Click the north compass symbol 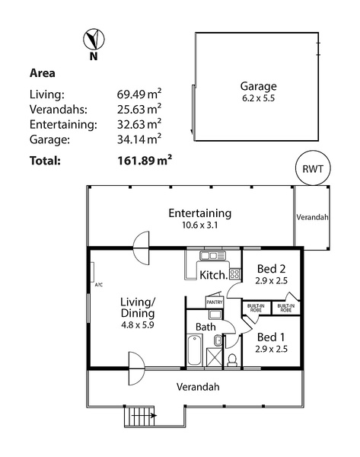[x=94, y=39]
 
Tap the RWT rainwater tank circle [x=313, y=168]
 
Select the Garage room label [x=258, y=86]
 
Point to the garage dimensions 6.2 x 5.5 [x=258, y=98]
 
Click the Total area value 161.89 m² [x=145, y=160]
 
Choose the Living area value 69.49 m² [x=139, y=94]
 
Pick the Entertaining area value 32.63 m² [x=139, y=124]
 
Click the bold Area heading [x=42, y=73]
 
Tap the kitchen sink [x=212, y=256]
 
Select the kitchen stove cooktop [x=235, y=273]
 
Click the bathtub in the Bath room [x=195, y=350]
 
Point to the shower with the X [x=214, y=356]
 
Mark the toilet [x=233, y=360]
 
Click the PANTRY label [x=215, y=302]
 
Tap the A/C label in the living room [x=99, y=285]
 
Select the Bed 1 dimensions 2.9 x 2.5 [x=271, y=349]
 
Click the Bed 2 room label [x=271, y=268]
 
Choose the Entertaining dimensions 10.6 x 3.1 [x=200, y=225]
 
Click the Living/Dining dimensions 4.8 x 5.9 [x=138, y=324]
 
